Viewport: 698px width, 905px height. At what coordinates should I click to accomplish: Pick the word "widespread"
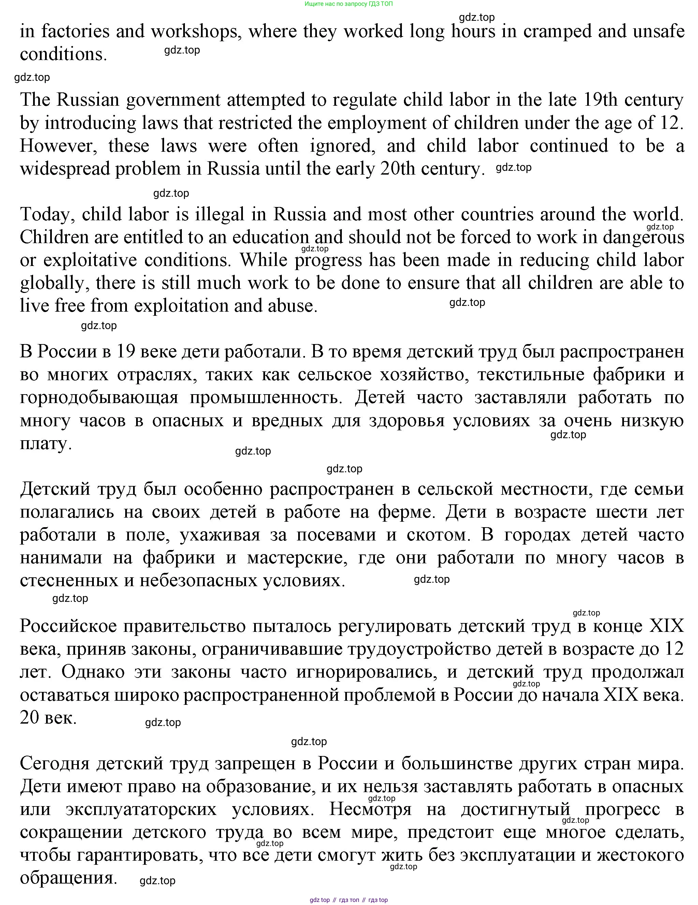click(64, 169)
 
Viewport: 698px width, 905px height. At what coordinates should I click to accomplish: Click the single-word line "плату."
click(46, 444)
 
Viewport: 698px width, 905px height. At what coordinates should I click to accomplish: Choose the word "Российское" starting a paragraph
click(68, 626)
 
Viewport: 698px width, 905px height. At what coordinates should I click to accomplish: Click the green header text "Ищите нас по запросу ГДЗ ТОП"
click(349, 4)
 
